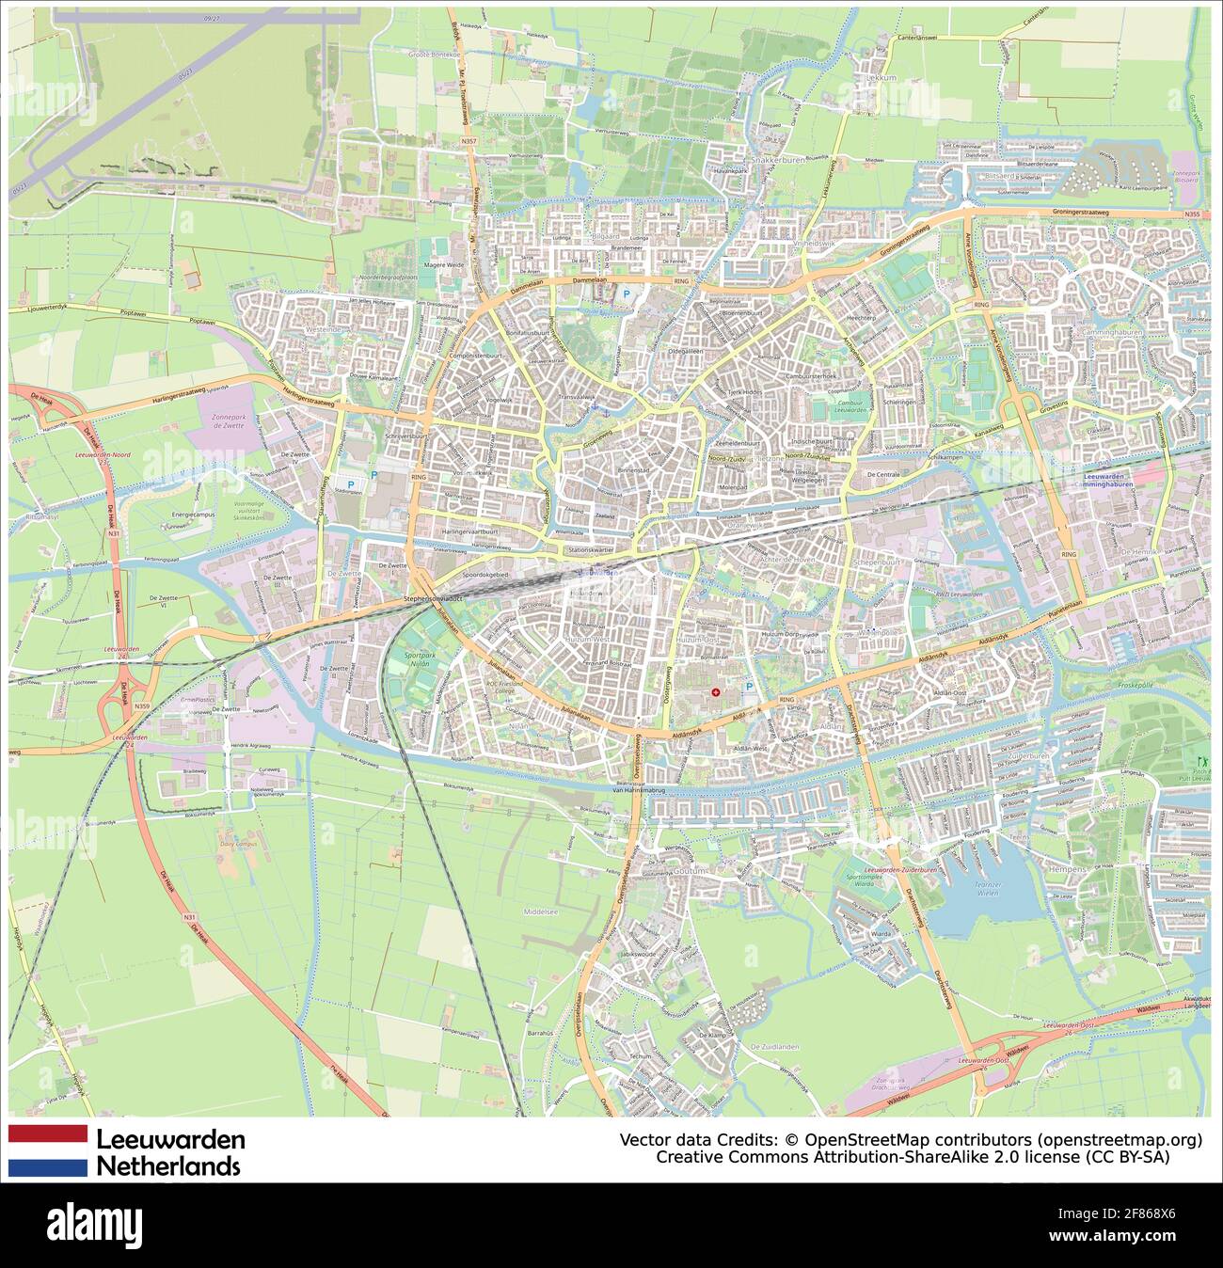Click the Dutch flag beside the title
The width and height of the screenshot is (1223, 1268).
tap(48, 1150)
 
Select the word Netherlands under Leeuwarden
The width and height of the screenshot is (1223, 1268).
tap(169, 1166)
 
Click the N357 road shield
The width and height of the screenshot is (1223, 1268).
tap(469, 140)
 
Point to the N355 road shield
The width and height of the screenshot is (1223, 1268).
tap(1193, 214)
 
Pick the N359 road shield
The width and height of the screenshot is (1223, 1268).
tap(142, 705)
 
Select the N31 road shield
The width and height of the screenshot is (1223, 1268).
tap(114, 534)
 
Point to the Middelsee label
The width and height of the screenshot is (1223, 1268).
tap(541, 911)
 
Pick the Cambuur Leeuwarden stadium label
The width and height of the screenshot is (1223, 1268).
tap(850, 407)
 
